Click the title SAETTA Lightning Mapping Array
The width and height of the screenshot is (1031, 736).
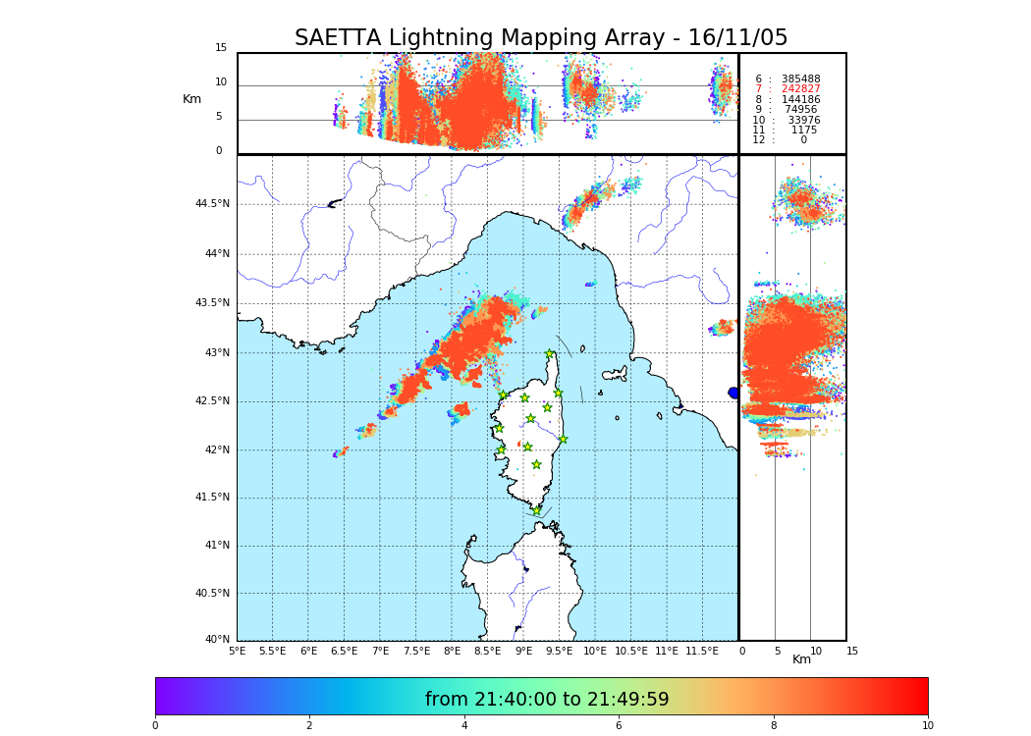541,38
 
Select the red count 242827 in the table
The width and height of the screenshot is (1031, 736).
800,89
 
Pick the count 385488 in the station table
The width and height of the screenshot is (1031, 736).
800,79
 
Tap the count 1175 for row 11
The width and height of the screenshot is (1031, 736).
803,130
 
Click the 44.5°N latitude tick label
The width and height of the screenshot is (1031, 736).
212,204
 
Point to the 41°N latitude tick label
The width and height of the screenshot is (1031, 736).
216,546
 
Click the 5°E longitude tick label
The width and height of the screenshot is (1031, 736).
238,651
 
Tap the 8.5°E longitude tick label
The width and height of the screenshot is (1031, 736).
488,651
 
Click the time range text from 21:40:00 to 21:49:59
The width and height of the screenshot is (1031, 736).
547,700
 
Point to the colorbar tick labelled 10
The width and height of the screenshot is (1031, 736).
927,726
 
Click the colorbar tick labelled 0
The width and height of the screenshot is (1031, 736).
155,726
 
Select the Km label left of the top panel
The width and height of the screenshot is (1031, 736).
191,99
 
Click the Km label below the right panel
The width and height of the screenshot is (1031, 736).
801,659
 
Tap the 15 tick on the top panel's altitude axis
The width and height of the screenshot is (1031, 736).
221,48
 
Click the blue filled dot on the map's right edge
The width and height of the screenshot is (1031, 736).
733,393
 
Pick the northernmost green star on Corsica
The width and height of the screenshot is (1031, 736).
550,354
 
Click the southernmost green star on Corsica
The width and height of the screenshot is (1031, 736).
536,510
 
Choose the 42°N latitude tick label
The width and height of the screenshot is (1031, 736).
216,450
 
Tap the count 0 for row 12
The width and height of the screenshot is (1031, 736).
803,140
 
